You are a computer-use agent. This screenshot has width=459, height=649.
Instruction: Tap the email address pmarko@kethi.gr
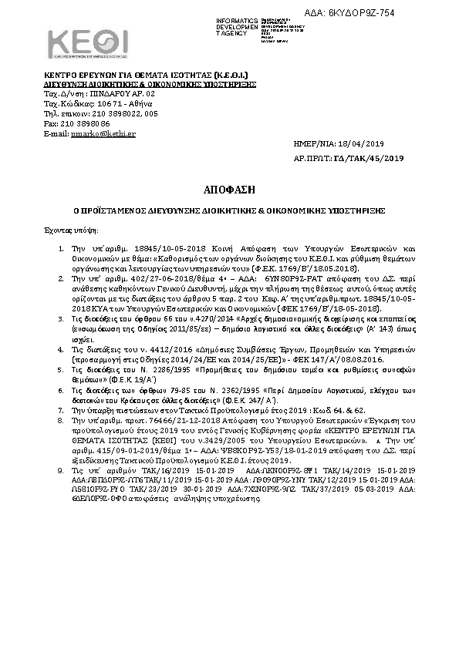coord(93,133)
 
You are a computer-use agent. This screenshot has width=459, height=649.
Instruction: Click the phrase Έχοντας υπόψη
coord(65,230)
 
